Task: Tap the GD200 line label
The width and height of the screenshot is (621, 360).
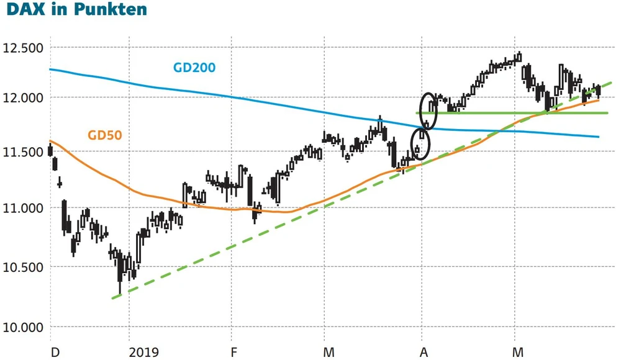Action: [194, 67]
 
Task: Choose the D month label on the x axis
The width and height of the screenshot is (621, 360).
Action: [55, 353]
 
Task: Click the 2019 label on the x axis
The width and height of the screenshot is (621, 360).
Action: [143, 353]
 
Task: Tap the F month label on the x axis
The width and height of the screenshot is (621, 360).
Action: [234, 353]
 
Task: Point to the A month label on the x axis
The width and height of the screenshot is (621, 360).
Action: [425, 353]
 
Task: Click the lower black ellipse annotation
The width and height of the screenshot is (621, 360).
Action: [421, 145]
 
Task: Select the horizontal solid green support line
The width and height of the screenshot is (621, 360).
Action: [509, 113]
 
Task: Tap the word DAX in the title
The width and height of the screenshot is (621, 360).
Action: [26, 11]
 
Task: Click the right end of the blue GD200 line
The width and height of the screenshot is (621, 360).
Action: [598, 137]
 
